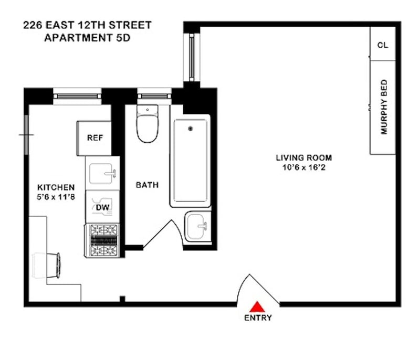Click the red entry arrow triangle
pos(257,308)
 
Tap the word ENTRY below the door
pos(258,317)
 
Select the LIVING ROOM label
pos(304,157)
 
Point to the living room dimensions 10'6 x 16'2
pos(304,167)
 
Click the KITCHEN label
pos(56,187)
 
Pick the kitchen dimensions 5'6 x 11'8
pos(56,197)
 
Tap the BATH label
pos(147,185)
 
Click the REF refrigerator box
pos(94,138)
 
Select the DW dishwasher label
pos(102,207)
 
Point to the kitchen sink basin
pos(101,174)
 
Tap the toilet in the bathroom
pos(148,124)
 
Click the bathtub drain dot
pos(191,129)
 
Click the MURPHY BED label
pos(384,107)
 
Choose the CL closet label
pos(383,45)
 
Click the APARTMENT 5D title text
pos(87,38)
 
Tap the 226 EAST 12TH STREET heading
pos(87,25)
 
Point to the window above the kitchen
pos(77,96)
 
